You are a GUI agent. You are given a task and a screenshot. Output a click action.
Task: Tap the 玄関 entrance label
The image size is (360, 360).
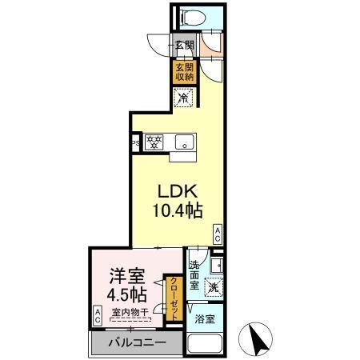point(183,46)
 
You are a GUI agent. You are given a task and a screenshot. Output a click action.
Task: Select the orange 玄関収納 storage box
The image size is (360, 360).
point(183,72)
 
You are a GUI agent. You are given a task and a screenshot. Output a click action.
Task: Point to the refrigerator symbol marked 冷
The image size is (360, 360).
point(183,98)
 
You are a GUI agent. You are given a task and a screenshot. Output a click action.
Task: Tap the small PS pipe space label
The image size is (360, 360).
point(137,144)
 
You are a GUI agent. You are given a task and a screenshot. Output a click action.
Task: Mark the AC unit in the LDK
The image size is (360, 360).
point(217,233)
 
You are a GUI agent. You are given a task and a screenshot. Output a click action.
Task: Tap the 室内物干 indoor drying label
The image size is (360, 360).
point(129,313)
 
